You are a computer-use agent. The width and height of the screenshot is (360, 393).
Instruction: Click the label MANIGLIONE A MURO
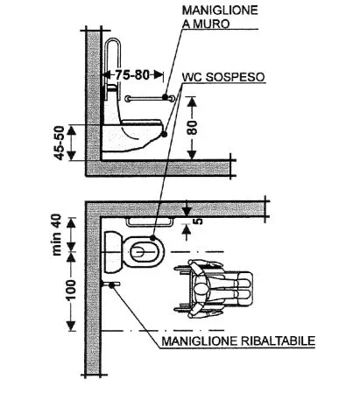220,17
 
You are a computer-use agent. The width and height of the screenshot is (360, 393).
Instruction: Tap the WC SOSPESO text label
223,77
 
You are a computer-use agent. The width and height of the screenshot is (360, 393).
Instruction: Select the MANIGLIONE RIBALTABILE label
238,340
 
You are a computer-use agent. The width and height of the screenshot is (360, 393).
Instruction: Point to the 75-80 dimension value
132,74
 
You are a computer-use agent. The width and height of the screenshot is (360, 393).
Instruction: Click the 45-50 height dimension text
60,143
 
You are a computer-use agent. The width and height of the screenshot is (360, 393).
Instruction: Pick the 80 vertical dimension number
192,128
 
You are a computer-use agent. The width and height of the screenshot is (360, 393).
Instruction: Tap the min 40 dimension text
57,235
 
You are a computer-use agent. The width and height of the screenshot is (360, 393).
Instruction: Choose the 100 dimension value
70,290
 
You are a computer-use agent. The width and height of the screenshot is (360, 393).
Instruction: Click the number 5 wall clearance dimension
198,221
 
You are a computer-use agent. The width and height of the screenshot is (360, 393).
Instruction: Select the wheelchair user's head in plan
201,290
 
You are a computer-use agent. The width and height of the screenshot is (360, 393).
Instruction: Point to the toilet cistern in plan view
112,252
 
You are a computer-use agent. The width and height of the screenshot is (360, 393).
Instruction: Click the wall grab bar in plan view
150,221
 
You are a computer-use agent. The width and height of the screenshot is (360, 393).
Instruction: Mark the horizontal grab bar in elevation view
150,99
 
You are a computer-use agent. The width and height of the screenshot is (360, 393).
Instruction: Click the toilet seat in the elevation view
142,123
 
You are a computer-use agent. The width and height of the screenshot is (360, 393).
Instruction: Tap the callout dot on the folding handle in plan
111,285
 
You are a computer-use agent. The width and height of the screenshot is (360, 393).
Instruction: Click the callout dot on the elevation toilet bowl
164,134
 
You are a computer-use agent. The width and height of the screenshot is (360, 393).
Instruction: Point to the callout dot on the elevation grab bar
166,96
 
